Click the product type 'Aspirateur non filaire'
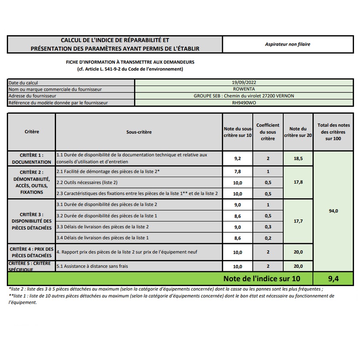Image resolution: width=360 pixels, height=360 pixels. pos(287,44)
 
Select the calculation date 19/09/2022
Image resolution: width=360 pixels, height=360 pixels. pos(244,83)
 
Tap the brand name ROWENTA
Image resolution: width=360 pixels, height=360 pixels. pos(244,89)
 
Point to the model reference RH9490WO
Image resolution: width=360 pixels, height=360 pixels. pos(244,103)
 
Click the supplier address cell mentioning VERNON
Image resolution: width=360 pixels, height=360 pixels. pos(244,96)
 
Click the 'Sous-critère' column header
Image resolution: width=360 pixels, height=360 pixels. pos(139,132)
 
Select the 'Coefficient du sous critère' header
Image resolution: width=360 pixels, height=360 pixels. pos(268,132)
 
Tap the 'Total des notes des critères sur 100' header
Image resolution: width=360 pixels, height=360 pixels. pos(333,132)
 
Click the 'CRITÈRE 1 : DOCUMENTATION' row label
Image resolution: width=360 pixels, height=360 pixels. pos(32,158)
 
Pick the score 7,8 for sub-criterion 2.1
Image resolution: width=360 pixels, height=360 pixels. pos(238,172)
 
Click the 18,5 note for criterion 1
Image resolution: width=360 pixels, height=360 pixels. pos(298,158)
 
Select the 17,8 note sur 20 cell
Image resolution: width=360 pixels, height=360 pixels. pos(298,182)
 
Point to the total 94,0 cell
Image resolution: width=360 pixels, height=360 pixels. pos(333,211)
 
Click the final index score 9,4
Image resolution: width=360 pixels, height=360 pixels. pos(333,279)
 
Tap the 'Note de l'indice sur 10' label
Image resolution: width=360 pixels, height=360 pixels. pos(262,279)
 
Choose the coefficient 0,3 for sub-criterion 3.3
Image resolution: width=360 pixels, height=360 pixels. pos(268,227)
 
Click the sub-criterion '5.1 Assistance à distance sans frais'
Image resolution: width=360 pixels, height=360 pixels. pos(92,266)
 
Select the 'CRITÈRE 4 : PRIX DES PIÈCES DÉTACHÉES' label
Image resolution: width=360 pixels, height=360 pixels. pos(32,252)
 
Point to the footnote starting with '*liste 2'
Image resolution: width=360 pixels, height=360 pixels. pos(166,289)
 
